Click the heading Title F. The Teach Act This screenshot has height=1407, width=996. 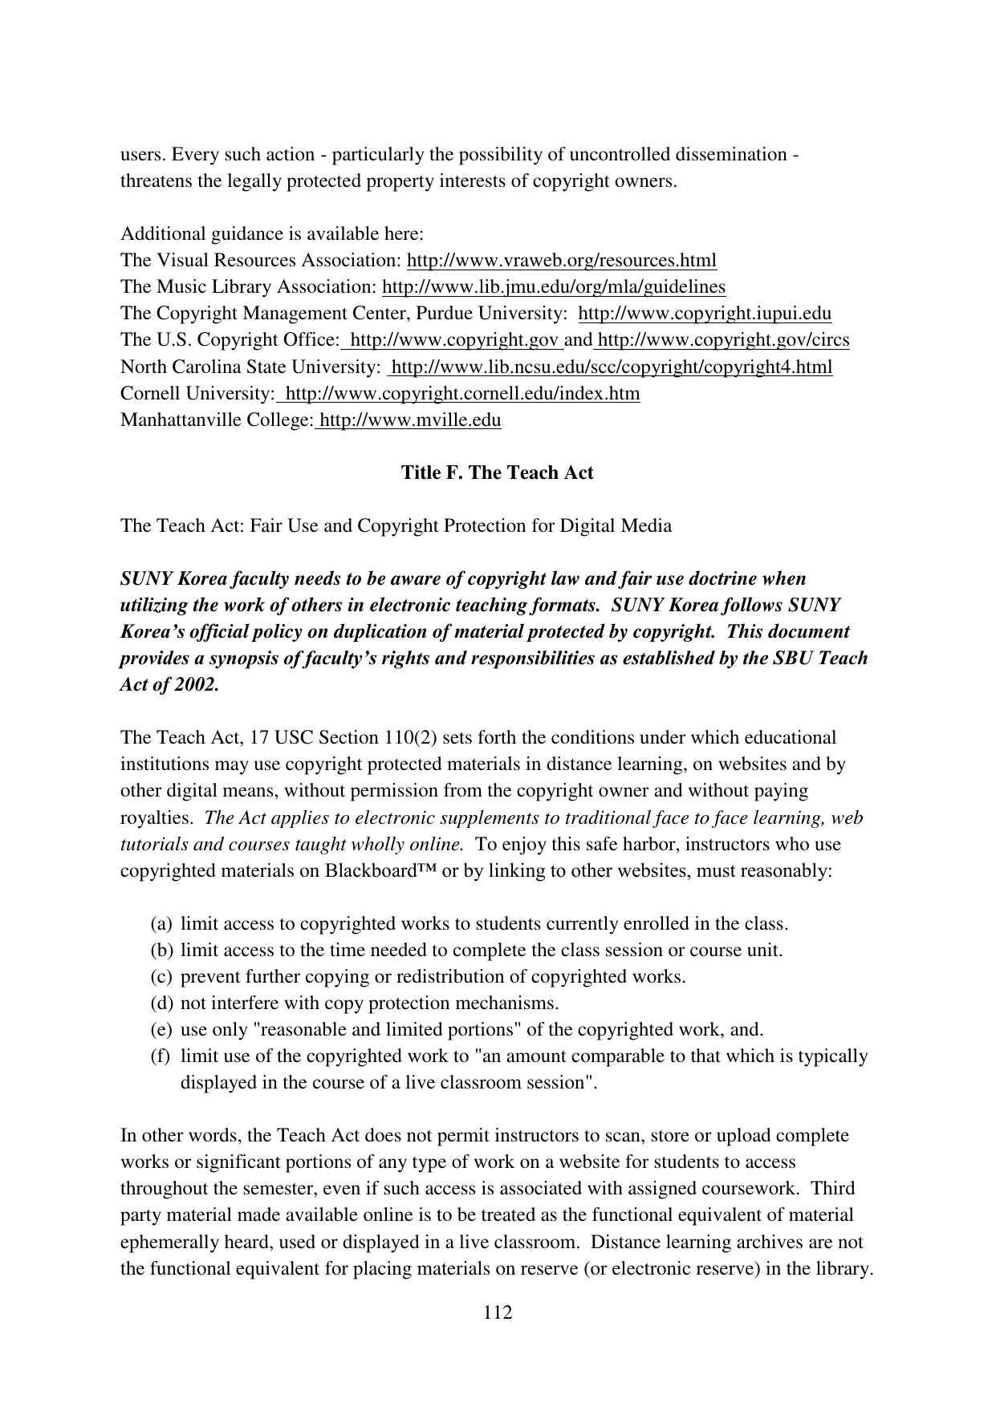[x=497, y=472]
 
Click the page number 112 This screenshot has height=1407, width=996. [x=497, y=1312]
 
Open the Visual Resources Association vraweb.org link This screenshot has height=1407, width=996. [x=562, y=261]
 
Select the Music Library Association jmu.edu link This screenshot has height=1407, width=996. [x=553, y=287]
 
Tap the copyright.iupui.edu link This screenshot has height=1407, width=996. [x=705, y=314]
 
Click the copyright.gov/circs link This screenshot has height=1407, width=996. [x=723, y=340]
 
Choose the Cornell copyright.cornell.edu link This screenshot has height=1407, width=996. [x=462, y=394]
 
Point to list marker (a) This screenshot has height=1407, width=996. [x=161, y=924]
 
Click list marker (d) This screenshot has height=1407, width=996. [x=161, y=1004]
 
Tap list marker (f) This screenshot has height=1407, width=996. [x=161, y=1056]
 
